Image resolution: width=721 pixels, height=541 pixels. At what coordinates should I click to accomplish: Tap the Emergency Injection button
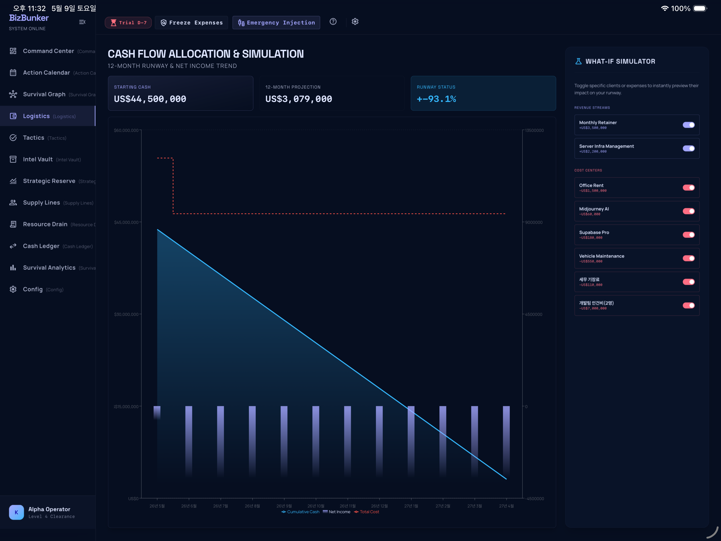(x=276, y=23)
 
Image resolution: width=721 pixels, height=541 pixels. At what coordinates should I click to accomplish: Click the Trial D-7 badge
(x=128, y=23)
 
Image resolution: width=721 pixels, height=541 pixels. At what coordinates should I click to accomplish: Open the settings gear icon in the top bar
(x=355, y=21)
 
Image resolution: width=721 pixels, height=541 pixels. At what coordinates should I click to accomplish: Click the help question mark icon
(x=333, y=21)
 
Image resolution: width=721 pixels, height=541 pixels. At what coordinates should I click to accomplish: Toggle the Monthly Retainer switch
(x=689, y=125)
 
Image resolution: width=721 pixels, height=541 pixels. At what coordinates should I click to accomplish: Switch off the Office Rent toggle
(x=689, y=187)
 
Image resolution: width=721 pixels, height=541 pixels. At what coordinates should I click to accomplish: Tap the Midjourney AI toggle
(x=689, y=211)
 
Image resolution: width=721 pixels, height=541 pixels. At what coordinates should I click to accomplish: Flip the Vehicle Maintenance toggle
(x=689, y=258)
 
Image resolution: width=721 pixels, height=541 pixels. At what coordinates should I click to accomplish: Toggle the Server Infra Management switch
(x=689, y=148)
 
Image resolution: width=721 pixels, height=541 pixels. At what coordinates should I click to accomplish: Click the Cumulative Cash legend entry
(x=300, y=512)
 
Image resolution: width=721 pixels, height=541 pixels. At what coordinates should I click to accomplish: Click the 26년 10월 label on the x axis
(x=316, y=506)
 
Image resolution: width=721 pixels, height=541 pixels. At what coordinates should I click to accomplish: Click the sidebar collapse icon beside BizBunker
(x=82, y=22)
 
